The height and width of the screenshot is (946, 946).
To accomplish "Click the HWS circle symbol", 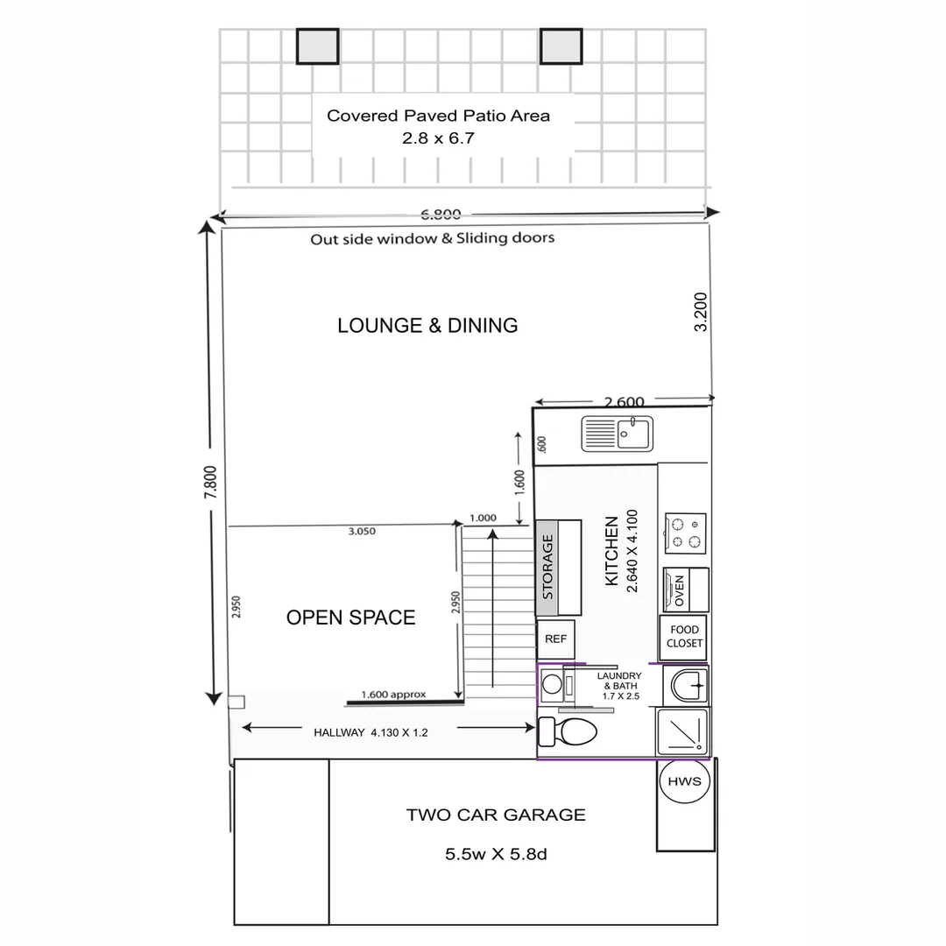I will click(x=684, y=781).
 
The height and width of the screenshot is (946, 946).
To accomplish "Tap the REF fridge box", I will click(x=556, y=639).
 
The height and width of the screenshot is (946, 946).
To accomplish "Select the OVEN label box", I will click(x=679, y=590).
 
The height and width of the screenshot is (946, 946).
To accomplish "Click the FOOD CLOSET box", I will click(x=684, y=637).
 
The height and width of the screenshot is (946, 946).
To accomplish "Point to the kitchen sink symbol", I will click(x=618, y=434).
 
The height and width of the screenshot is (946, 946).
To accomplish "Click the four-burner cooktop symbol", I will click(x=685, y=533).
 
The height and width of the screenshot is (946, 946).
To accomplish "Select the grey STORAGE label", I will click(x=547, y=568).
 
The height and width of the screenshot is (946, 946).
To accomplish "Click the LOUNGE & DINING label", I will click(x=427, y=326).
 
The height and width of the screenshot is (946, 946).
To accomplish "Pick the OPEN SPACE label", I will click(x=350, y=618).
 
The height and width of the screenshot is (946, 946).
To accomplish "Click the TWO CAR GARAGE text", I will click(x=496, y=815).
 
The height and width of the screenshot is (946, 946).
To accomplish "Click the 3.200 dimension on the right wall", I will click(x=701, y=312).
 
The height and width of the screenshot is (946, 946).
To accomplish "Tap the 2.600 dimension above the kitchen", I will click(x=625, y=402).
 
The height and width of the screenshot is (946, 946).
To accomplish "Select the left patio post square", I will click(x=317, y=46).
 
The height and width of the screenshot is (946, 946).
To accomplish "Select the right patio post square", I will click(x=561, y=46).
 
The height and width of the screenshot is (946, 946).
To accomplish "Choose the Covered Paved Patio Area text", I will click(x=438, y=116).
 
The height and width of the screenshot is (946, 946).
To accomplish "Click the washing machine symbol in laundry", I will click(x=553, y=684).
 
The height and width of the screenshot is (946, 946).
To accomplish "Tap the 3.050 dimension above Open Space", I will click(x=362, y=532).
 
